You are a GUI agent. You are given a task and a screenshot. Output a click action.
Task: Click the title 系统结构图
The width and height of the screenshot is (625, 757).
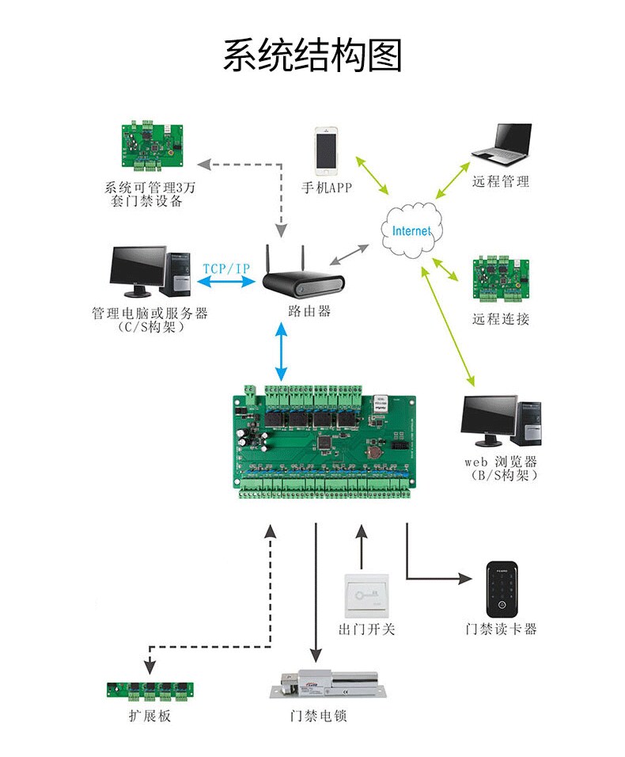[312, 56]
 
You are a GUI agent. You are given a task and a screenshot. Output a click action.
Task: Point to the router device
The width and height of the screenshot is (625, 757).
[303, 283]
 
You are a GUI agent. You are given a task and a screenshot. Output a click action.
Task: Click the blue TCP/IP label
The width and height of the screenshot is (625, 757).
[226, 268]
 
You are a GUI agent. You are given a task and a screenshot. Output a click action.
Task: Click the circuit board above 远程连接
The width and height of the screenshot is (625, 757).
[501, 279]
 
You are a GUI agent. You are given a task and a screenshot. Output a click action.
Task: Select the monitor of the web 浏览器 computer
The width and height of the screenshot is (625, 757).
[490, 420]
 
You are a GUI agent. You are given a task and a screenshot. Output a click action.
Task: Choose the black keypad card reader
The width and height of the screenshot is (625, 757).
[501, 589]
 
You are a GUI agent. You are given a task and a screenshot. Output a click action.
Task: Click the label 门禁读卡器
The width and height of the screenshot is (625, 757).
[501, 630]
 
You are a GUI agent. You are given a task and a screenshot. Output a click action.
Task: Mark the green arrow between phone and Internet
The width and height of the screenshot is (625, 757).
[373, 175]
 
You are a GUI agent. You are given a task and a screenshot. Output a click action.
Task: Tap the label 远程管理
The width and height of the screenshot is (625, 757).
[501, 181]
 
